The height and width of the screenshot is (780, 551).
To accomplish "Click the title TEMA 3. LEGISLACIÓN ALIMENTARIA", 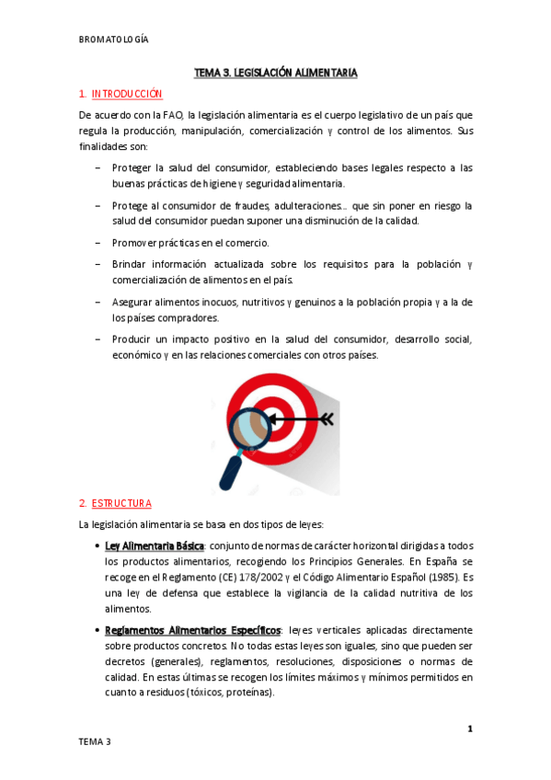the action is (276, 72).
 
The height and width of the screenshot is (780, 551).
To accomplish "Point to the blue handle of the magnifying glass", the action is (230, 474).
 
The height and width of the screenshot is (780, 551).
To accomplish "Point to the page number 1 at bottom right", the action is (469, 729).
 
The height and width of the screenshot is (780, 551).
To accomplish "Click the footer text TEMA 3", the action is (95, 741).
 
